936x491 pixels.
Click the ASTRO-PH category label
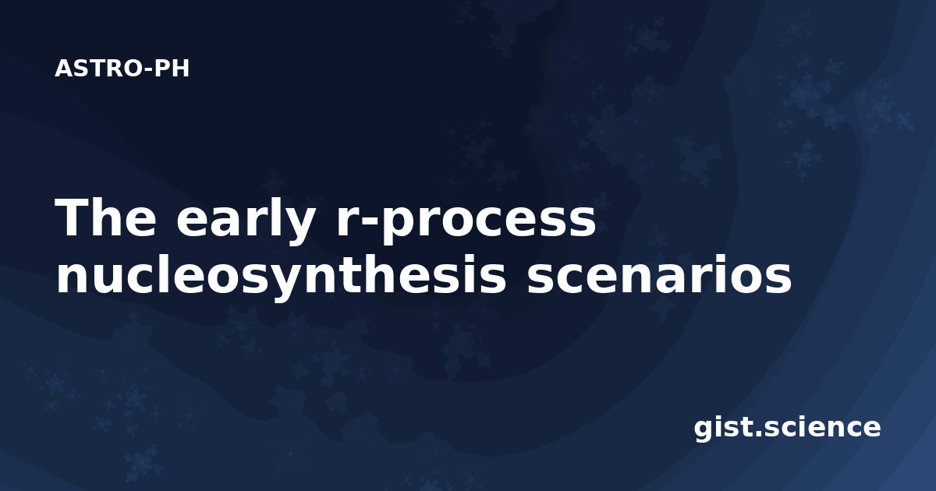coord(122,69)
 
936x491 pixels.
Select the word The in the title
coord(105,217)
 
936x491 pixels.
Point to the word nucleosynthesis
coord(282,276)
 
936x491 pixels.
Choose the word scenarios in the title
coord(659,276)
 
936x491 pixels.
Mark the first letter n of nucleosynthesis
coord(72,279)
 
